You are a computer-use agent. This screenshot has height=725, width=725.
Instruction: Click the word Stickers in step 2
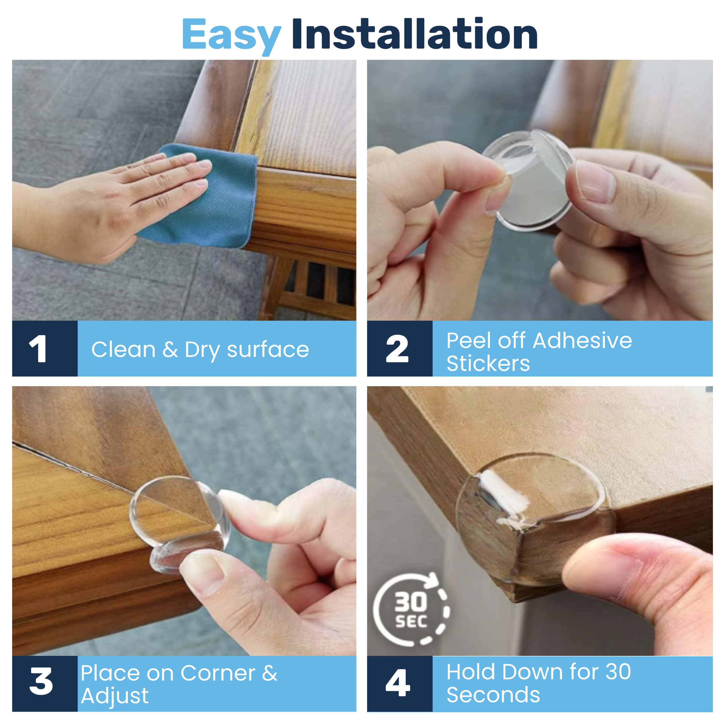[x=488, y=363]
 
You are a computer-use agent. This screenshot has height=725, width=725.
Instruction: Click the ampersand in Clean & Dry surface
[x=170, y=350]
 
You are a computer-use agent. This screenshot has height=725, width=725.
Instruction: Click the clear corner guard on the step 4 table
[x=533, y=514]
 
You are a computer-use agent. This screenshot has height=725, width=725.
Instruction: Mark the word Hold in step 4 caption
[x=471, y=672]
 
